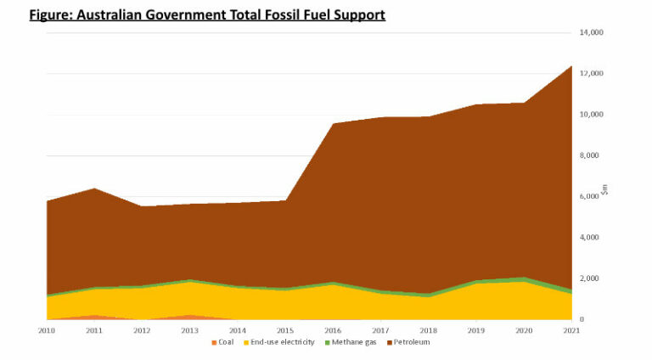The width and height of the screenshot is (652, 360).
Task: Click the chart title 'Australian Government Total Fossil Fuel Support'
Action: tap(207, 15)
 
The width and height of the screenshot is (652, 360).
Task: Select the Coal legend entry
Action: tap(224, 341)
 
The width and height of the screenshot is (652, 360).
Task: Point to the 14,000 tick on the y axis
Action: tap(591, 32)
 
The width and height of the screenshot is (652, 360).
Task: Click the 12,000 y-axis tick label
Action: tap(591, 73)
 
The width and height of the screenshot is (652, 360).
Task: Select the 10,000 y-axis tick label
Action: tap(591, 115)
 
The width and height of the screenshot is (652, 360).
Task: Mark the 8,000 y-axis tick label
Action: tap(593, 155)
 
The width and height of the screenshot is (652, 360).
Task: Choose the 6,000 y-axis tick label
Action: tap(593, 196)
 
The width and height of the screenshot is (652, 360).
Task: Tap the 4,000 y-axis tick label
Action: tap(593, 237)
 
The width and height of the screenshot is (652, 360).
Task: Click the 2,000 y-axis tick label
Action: tap(593, 278)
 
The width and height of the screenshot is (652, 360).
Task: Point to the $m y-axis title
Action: tap(604, 190)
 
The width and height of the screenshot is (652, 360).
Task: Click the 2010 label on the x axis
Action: tap(47, 329)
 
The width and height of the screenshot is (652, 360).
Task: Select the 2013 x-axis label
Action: tap(192, 329)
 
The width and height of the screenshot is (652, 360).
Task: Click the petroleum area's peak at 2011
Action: tap(95, 188)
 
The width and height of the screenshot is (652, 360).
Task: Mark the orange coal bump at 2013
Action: tap(192, 317)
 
